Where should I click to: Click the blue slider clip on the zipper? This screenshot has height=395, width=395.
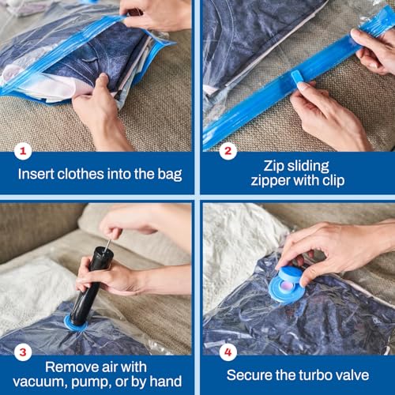298,77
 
